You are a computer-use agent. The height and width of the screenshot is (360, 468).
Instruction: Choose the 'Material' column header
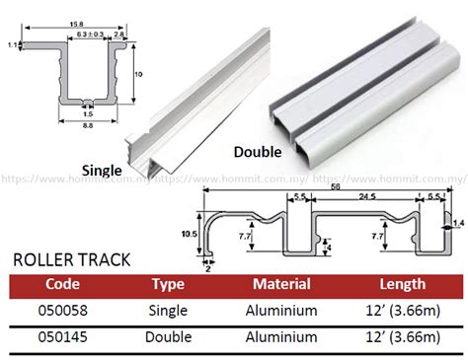point(281,285)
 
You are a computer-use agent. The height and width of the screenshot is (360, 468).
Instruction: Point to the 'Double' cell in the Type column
point(169,337)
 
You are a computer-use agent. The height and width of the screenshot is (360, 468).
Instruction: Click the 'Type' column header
point(169,285)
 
